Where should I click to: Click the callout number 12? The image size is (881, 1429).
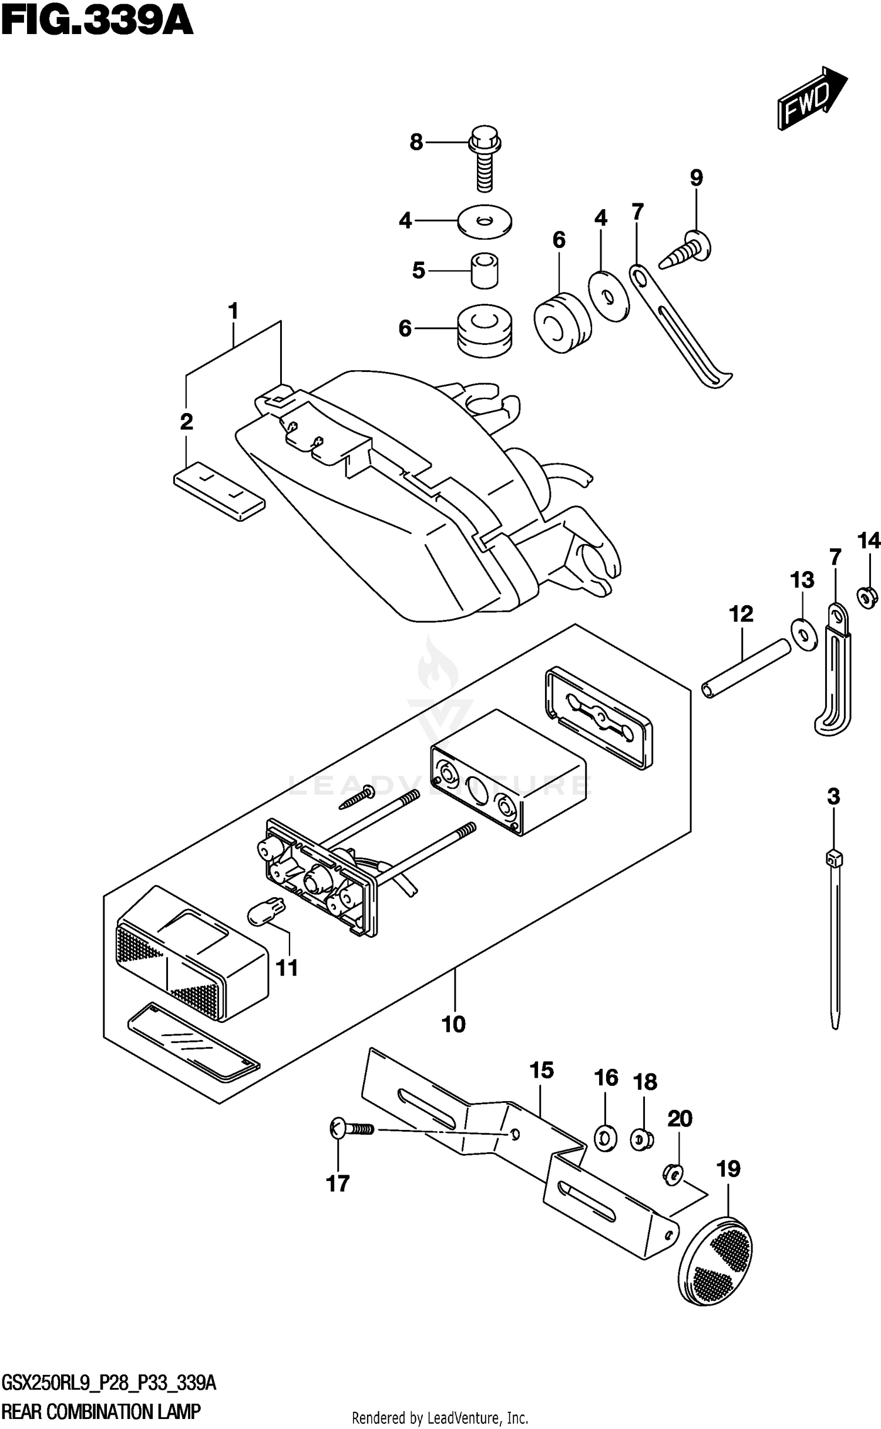point(741,614)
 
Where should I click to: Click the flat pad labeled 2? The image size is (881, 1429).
point(219,492)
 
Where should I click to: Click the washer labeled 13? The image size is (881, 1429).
point(803,634)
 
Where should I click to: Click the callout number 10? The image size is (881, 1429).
point(453,1024)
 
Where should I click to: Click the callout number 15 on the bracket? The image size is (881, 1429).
point(542,1070)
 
